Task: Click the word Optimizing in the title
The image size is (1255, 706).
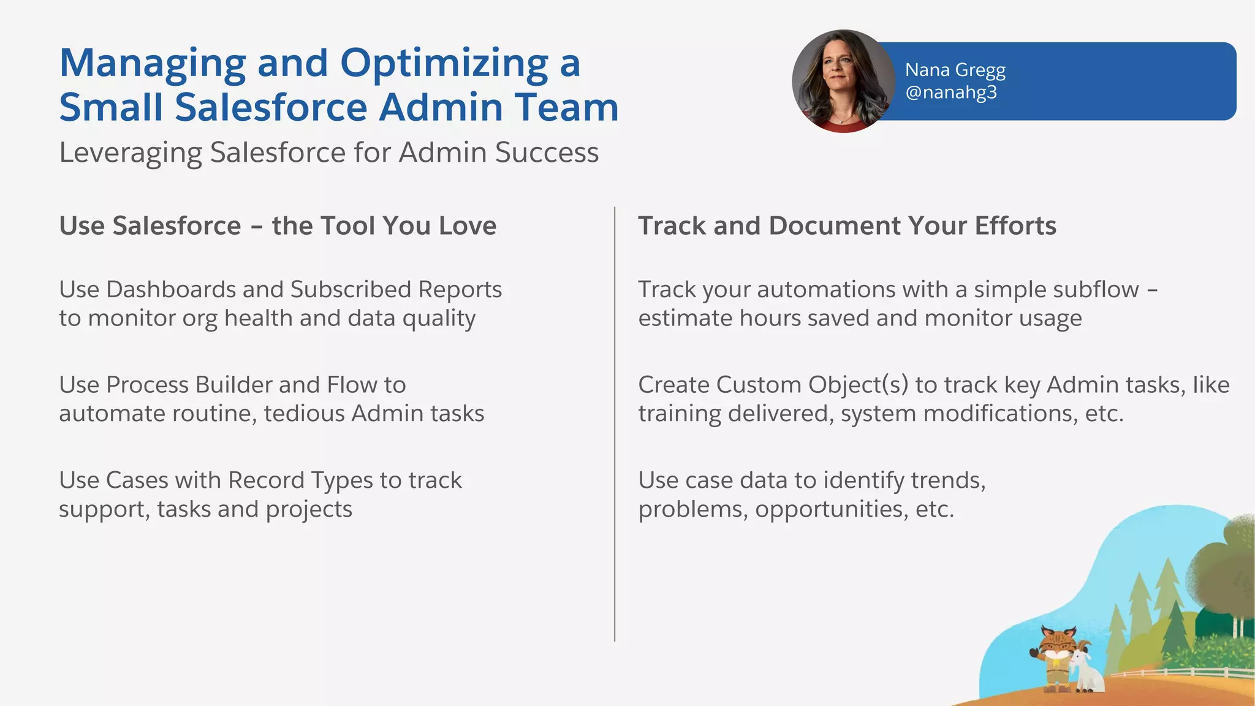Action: [444, 64]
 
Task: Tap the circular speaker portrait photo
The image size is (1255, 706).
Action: [843, 82]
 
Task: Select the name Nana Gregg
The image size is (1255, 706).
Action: [955, 70]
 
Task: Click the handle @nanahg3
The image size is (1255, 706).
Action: [950, 93]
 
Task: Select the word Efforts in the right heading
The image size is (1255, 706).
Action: [1015, 226]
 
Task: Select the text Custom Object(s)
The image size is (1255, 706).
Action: [812, 385]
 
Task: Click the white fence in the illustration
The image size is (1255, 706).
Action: [1183, 673]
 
